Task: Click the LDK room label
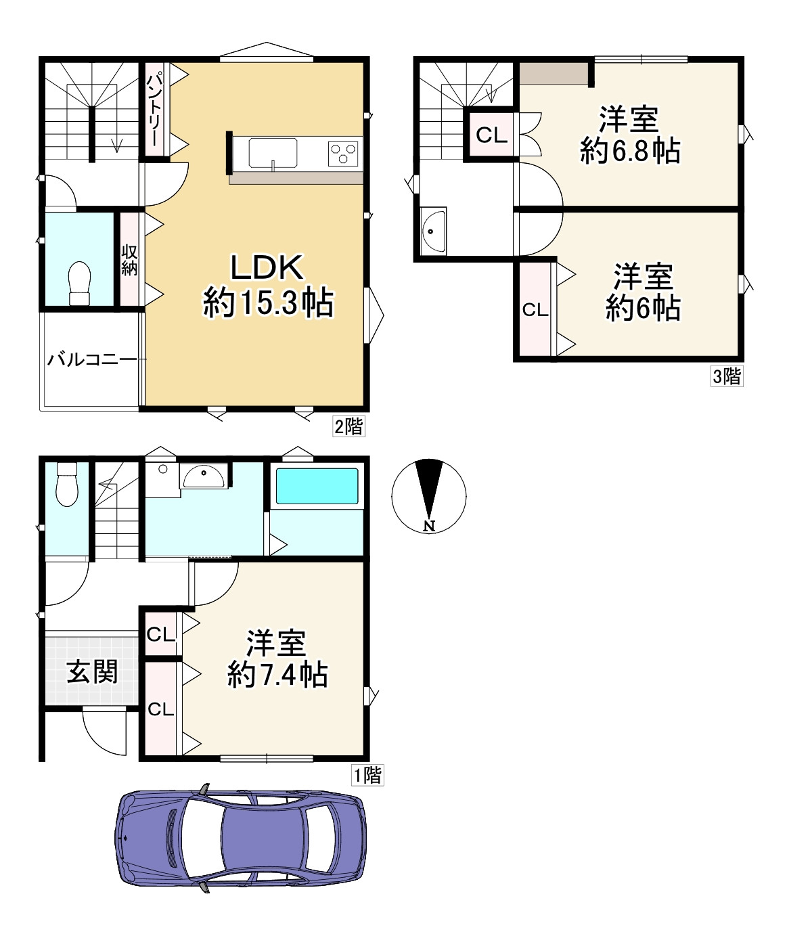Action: pos(267,267)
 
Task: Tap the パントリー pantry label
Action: pos(154,110)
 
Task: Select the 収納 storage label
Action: pos(129,261)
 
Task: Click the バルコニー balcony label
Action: pos(92,359)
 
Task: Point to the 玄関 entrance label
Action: pos(92,671)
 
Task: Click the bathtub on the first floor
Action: pos(317,487)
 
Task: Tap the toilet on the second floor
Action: pos(79,284)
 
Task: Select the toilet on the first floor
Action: pos(67,484)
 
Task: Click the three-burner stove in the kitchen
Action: pos(343,154)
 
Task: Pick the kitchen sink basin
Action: pos(273,154)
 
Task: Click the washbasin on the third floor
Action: pos(433,231)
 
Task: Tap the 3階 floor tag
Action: pos(727,376)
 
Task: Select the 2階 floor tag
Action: pos(348,426)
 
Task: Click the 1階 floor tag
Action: pos(367,775)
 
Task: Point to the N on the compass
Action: pos(430,526)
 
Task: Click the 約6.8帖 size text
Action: pos(630,151)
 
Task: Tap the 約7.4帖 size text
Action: pos(277,675)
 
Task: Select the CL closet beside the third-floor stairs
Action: pos(491,135)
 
